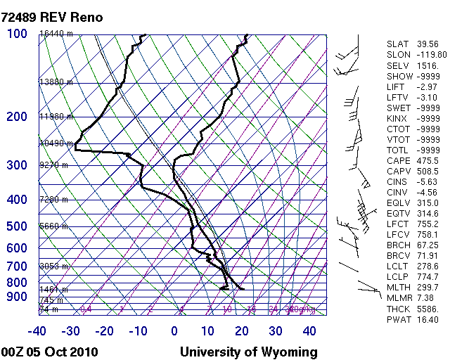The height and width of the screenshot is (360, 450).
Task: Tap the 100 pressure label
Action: [18, 34]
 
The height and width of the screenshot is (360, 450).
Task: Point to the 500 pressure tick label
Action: [17, 226]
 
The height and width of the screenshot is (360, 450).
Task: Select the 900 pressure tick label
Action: [17, 297]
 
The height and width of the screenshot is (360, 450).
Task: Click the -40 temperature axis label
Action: [37, 331]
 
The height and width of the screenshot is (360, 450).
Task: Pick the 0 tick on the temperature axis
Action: [174, 331]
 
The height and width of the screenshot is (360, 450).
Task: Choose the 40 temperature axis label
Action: [309, 331]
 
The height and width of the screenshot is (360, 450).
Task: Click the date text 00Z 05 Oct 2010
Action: [49, 352]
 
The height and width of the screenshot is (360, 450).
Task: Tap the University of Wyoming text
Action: [249, 352]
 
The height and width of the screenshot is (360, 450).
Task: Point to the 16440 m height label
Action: [56, 34]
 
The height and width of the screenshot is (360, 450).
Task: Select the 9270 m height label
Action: [53, 165]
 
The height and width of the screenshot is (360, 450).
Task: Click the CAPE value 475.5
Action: [427, 161]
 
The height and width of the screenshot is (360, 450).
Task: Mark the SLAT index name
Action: [397, 44]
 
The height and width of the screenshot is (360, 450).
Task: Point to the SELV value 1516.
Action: [427, 65]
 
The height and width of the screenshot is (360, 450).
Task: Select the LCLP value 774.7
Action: [427, 276]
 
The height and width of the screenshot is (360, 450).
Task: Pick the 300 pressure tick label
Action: [17, 165]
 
